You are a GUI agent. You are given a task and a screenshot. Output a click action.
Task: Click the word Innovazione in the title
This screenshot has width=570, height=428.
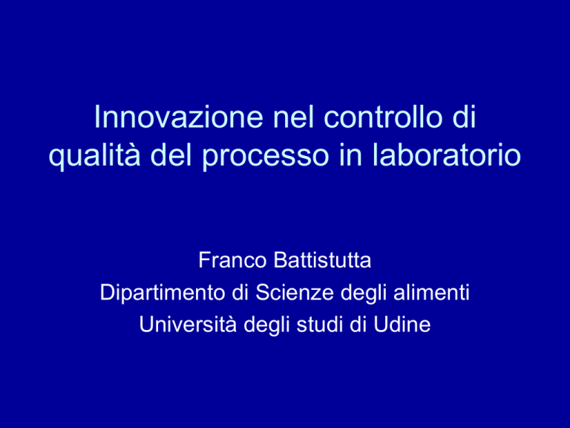(x=178, y=117)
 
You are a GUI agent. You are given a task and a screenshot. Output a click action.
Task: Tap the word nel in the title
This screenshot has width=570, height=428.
(x=293, y=117)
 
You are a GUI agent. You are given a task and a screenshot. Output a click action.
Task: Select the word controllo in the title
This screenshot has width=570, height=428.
(x=383, y=117)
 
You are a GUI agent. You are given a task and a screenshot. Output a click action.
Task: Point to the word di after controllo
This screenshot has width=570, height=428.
(x=464, y=117)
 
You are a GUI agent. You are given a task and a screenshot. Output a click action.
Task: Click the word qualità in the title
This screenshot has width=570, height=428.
(x=94, y=155)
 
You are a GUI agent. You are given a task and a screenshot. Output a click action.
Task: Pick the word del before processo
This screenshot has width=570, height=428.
(x=171, y=155)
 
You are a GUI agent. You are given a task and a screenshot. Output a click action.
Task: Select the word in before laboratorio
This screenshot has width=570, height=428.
(x=350, y=155)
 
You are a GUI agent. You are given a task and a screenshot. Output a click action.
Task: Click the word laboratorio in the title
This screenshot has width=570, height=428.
(x=446, y=155)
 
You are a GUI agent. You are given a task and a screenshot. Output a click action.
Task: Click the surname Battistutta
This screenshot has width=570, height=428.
(x=322, y=260)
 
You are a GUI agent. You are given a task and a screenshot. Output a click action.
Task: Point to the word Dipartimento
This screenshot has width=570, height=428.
(x=163, y=293)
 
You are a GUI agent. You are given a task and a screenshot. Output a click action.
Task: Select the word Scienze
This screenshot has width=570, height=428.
(x=295, y=292)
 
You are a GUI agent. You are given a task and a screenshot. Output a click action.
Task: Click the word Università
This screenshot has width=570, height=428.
(x=188, y=324)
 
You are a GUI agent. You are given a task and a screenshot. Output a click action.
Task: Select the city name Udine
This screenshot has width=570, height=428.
(x=402, y=324)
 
